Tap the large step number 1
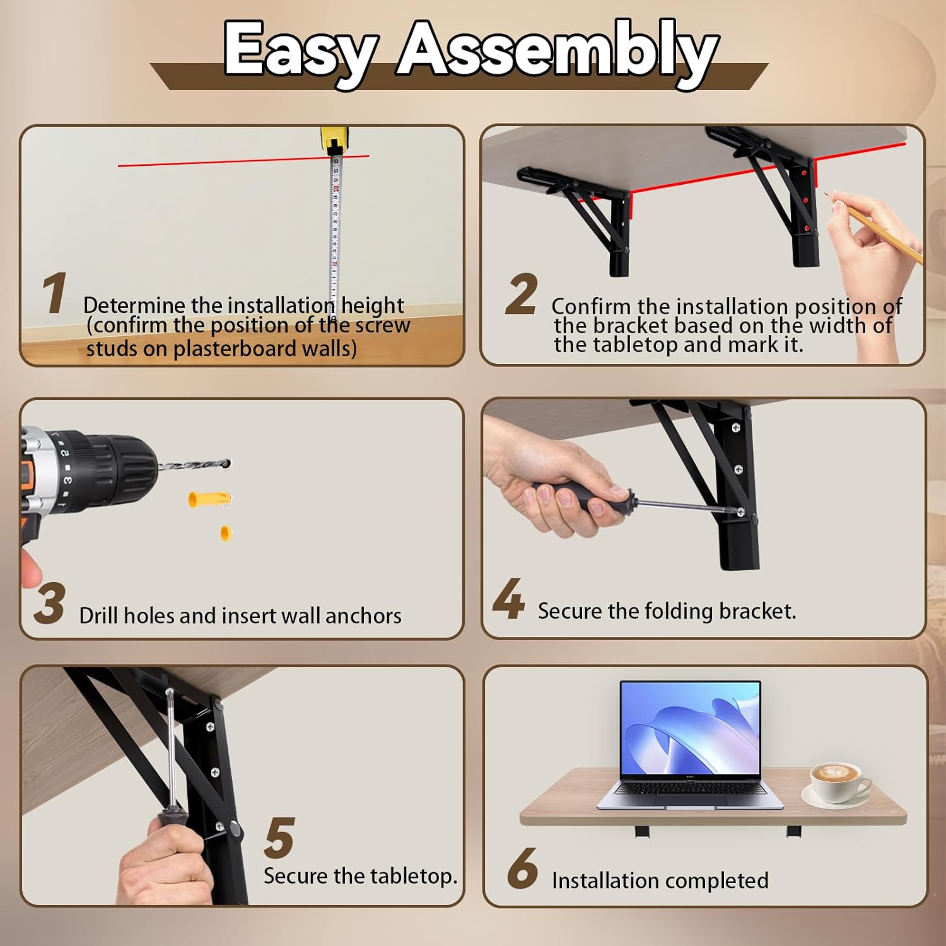pyautogui.click(x=55, y=293)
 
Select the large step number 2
pyautogui.click(x=522, y=294)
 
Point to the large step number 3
pyautogui.click(x=49, y=604)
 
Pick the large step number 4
pyautogui.click(x=508, y=599)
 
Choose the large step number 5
pyautogui.click(x=279, y=838)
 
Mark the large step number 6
pyautogui.click(x=523, y=868)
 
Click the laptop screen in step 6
pyautogui.click(x=691, y=729)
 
